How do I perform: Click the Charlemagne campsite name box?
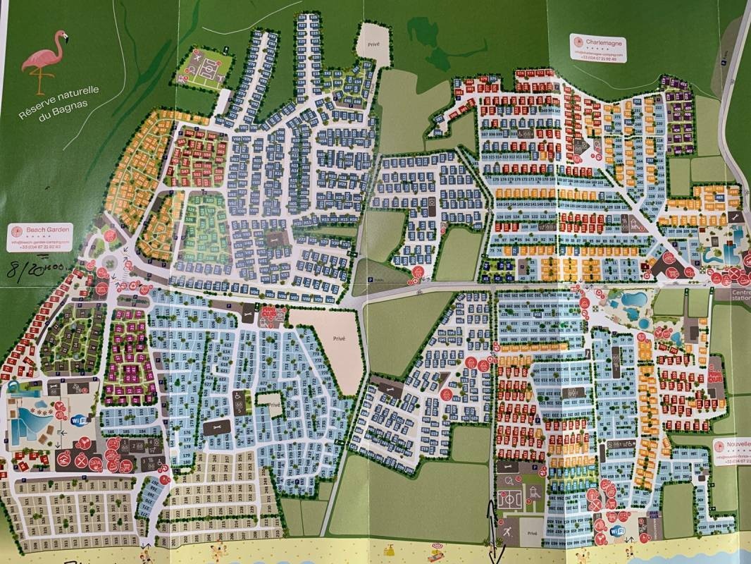pyautogui.click(x=598, y=49)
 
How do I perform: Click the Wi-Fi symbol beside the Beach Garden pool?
pyautogui.click(x=79, y=420)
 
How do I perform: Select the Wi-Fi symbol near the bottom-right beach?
pyautogui.click(x=617, y=530)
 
